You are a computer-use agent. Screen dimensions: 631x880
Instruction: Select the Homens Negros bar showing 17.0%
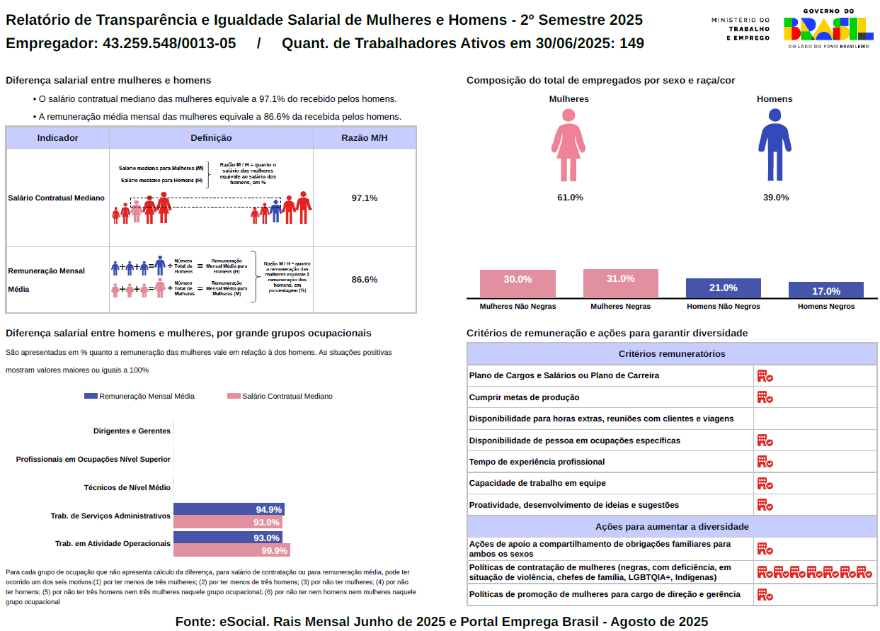[x=825, y=290]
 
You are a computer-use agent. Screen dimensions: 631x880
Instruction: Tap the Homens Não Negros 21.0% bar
[x=723, y=288]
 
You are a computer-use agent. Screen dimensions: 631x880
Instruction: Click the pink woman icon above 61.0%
[x=568, y=145]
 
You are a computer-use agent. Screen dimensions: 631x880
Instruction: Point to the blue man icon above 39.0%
[x=775, y=145]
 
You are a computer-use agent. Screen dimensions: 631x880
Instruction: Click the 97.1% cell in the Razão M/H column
[x=365, y=198]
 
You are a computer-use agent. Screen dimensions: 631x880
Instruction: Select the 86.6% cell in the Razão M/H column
[x=365, y=280]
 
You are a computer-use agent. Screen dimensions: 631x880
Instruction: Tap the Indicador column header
[x=58, y=137]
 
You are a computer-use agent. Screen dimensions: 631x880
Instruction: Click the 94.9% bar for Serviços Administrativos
[x=228, y=509]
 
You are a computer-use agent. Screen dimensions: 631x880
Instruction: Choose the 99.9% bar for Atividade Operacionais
[x=232, y=550]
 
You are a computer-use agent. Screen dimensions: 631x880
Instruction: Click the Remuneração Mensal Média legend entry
[x=139, y=397]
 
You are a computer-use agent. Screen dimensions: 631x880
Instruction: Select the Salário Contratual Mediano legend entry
[x=280, y=397]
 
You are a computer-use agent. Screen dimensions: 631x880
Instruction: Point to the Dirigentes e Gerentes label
[x=132, y=431]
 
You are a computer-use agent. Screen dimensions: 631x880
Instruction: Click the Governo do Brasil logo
[x=827, y=28]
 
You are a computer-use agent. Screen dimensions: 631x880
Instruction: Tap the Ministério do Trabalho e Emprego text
[x=740, y=28]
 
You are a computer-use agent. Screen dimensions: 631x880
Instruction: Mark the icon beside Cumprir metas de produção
[x=765, y=397]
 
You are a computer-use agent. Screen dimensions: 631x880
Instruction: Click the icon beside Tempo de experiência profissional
[x=765, y=462]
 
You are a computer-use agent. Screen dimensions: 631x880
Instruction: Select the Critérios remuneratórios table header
[x=672, y=354]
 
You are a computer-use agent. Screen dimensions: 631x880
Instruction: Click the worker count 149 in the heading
[x=632, y=43]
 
